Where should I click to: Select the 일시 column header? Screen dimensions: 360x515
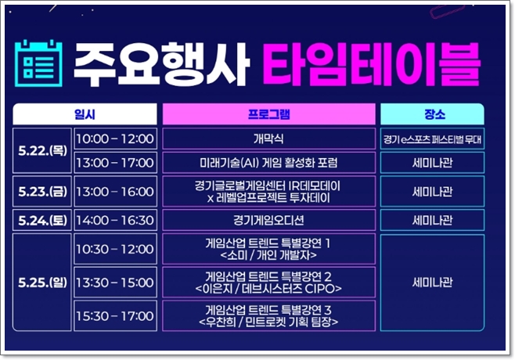85,114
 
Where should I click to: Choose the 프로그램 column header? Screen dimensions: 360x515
268,114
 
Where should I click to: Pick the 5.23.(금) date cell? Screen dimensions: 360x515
41,191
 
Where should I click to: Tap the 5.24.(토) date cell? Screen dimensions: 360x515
41,220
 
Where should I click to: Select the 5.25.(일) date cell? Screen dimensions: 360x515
41,283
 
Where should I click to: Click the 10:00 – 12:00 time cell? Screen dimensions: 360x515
114,139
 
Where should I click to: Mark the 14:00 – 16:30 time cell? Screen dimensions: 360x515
114,220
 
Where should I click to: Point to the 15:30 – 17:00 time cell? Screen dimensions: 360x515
114,315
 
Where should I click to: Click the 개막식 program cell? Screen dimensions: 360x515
268,139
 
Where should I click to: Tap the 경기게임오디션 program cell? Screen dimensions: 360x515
268,220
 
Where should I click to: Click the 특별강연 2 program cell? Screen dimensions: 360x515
268,283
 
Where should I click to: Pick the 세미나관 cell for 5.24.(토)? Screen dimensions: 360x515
434,220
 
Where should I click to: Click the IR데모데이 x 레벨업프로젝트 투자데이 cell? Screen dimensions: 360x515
268,191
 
